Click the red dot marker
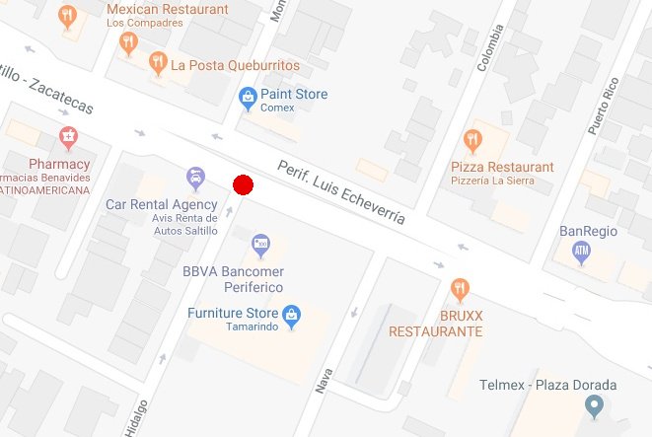tap(244, 184)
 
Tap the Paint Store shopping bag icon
tap(248, 96)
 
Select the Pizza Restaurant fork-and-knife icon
tap(473, 140)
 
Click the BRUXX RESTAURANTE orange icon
tap(460, 290)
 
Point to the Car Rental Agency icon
tap(195, 179)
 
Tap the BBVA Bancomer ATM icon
tap(260, 244)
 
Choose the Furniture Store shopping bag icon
tap(291, 316)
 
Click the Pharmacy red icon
tap(68, 136)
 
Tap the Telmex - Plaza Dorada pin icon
tap(593, 405)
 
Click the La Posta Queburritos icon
tap(157, 65)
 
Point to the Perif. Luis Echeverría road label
tap(341, 192)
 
